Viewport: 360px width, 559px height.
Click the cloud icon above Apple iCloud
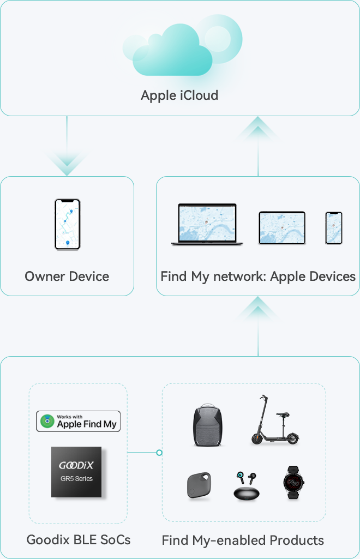(x=182, y=46)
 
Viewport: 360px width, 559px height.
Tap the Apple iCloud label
(x=179, y=95)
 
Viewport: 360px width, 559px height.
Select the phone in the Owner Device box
(x=68, y=224)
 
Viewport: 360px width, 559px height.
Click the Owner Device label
(x=67, y=277)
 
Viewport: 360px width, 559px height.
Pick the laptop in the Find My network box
(x=207, y=224)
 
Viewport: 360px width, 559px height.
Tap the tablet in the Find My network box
(x=282, y=228)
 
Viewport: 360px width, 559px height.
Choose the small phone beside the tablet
(x=334, y=228)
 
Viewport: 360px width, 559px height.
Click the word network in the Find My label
(x=239, y=277)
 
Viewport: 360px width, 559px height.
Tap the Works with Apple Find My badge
(x=78, y=422)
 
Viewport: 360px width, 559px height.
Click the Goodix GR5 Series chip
(x=76, y=472)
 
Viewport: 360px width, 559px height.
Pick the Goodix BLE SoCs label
(x=79, y=540)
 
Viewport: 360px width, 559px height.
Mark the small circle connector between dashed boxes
(x=159, y=453)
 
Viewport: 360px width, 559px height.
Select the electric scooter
(x=274, y=420)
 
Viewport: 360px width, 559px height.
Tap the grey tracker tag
(x=199, y=485)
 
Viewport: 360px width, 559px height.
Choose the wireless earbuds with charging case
(x=247, y=485)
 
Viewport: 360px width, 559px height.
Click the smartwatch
(x=293, y=482)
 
